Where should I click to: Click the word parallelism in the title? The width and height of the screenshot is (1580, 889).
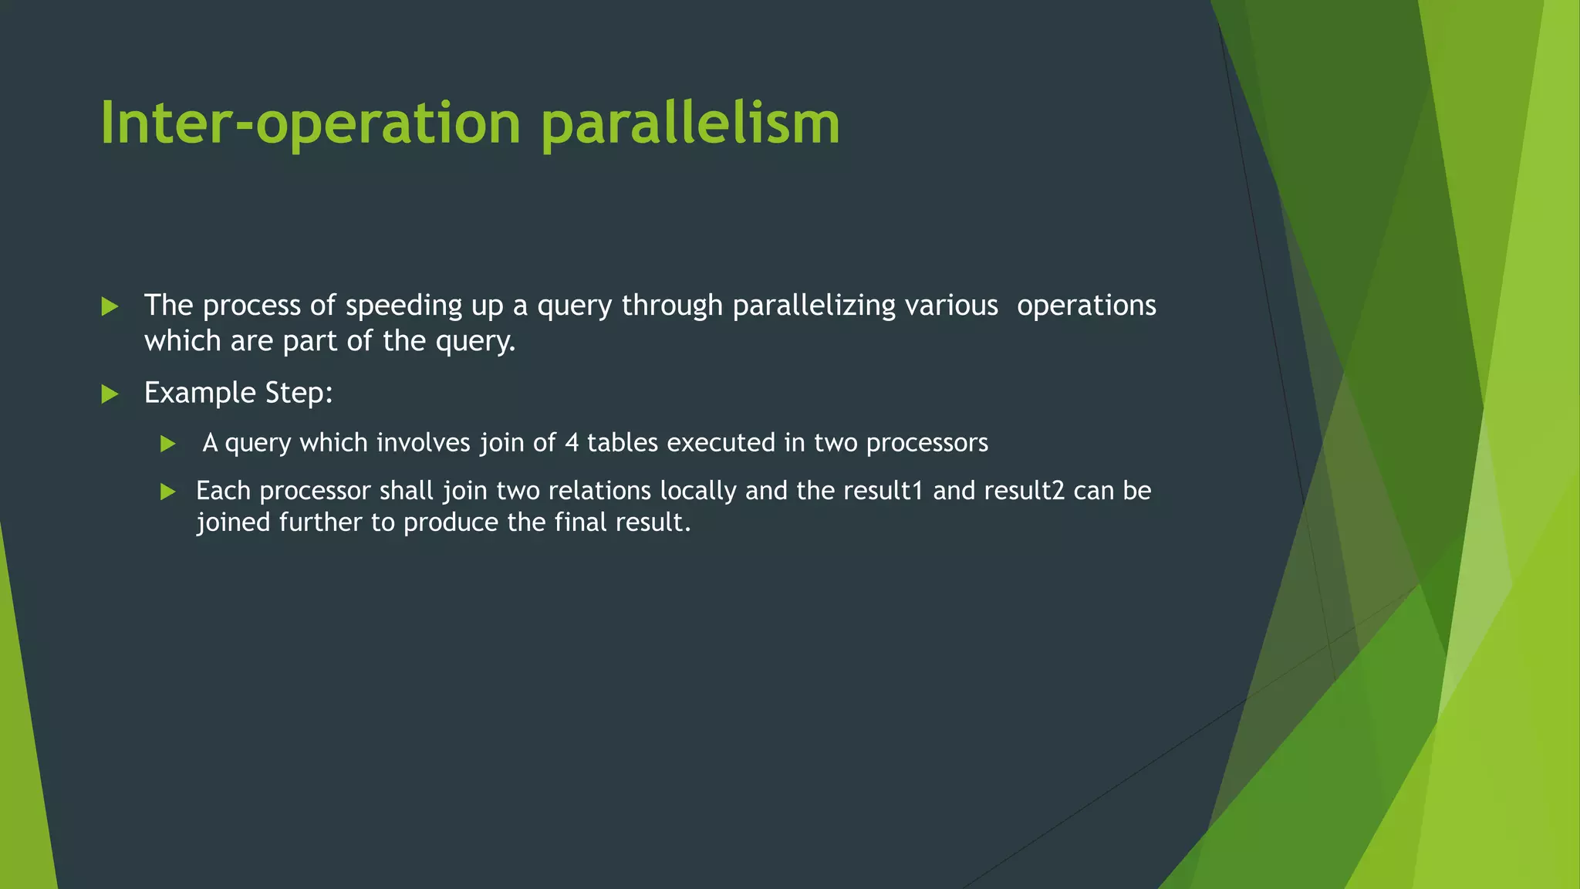[690, 123]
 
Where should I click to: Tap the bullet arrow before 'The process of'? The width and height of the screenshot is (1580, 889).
[110, 307]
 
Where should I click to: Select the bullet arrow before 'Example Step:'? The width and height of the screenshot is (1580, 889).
[110, 394]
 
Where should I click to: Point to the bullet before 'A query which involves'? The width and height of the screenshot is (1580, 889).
[168, 444]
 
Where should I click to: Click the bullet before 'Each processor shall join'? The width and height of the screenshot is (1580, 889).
[168, 492]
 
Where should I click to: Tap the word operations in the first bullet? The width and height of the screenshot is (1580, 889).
[1086, 306]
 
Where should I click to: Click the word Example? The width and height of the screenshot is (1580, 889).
[200, 394]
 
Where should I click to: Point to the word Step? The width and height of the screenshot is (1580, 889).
[299, 394]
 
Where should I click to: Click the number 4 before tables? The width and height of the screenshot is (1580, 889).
[572, 443]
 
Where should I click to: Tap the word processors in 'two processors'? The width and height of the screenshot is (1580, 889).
[927, 444]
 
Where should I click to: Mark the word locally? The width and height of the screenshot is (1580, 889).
[698, 492]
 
